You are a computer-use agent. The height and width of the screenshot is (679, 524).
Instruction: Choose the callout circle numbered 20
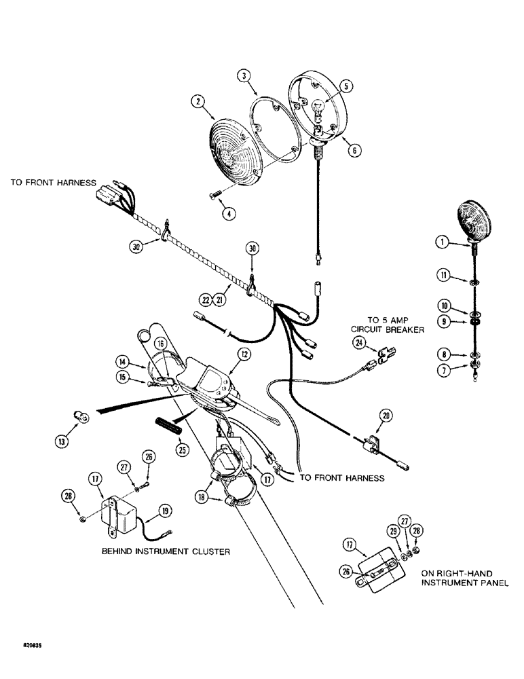[x=386, y=414]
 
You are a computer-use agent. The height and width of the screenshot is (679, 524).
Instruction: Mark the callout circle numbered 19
[x=164, y=511]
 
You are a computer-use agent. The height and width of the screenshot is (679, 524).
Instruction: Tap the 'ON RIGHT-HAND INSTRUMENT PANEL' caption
[x=465, y=578]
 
